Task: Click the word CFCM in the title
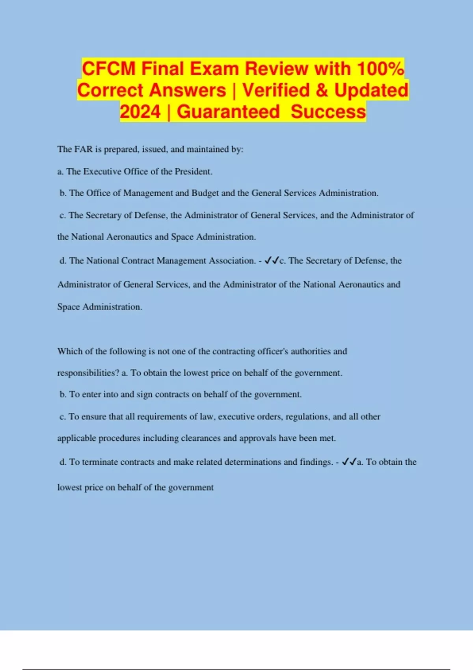(x=108, y=69)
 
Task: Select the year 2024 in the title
(x=140, y=112)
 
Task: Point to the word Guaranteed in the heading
(x=228, y=112)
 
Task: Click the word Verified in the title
(x=276, y=90)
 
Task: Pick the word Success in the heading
(x=328, y=112)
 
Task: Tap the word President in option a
(x=193, y=171)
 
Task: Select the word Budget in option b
(x=205, y=193)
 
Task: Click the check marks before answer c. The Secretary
(x=272, y=261)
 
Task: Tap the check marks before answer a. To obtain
(x=349, y=462)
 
